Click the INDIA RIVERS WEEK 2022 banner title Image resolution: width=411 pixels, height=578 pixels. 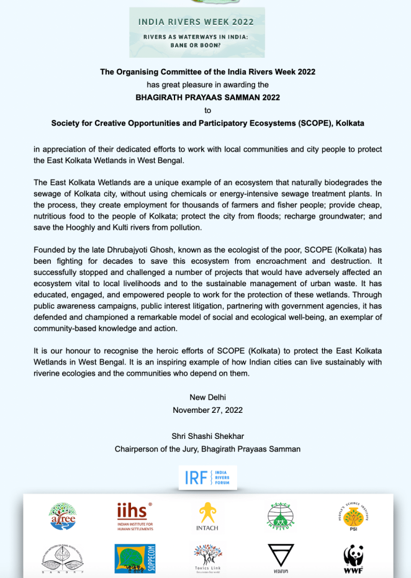click(196, 22)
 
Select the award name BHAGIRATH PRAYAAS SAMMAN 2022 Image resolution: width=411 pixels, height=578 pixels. click(207, 97)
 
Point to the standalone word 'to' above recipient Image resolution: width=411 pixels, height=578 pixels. click(207, 110)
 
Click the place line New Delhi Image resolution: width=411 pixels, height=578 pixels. click(207, 397)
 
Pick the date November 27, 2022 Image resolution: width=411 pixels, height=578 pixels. click(207, 410)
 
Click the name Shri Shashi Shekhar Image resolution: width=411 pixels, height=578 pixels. click(207, 436)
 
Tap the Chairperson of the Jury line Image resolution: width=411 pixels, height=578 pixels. click(207, 449)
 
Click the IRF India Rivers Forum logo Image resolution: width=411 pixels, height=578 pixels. click(207, 477)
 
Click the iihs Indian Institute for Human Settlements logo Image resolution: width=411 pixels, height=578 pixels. click(135, 516)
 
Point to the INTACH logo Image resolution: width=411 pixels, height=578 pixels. click(207, 517)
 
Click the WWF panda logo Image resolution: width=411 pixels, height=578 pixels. click(353, 559)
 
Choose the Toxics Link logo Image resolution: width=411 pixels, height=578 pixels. click(207, 558)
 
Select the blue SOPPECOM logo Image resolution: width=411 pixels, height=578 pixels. click(135, 558)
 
